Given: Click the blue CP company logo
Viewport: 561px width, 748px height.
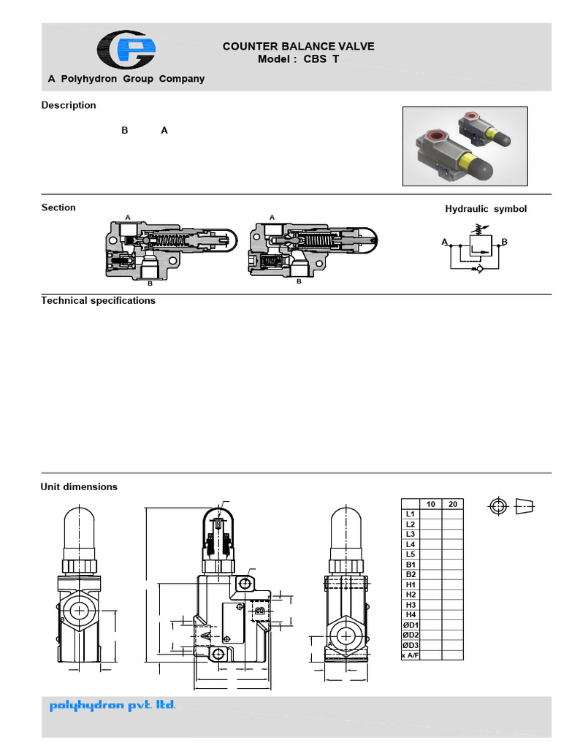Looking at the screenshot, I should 127,50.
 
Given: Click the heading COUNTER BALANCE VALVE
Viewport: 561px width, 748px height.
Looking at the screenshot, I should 298,46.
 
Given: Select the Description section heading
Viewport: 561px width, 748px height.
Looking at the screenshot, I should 69,105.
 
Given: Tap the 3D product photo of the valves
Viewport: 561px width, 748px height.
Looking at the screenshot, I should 465,146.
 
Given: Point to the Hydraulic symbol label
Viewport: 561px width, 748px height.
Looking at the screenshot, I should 486,209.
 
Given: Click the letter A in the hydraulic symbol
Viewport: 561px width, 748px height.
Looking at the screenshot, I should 444,241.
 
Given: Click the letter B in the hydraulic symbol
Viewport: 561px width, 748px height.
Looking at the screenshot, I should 504,241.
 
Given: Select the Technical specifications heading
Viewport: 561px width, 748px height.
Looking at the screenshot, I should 98,300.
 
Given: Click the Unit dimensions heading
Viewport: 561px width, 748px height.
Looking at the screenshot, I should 79,486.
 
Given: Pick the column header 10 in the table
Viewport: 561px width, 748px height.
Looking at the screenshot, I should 430,504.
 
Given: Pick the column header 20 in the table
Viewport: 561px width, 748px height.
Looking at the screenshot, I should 452,504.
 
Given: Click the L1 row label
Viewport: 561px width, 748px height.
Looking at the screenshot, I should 411,514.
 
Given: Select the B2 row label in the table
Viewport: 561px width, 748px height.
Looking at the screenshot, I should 411,575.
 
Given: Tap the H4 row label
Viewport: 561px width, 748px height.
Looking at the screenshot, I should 411,615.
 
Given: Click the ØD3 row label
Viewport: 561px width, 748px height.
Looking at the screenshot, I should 411,645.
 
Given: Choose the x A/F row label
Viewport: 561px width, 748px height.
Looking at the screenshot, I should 411,655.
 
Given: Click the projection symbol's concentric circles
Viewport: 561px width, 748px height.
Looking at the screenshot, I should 498,506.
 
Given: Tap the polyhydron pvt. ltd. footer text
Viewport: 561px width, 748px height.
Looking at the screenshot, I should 112,706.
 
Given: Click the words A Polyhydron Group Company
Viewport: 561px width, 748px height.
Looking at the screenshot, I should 126,79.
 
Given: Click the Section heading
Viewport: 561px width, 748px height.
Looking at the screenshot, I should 58,207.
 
